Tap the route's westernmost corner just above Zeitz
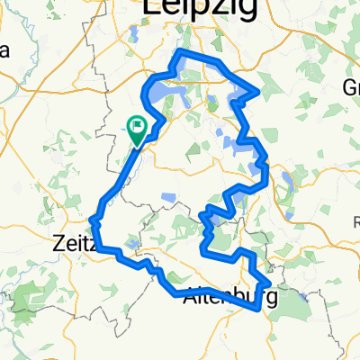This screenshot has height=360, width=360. pos(94,218)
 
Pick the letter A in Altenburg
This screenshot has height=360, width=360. pos(189,293)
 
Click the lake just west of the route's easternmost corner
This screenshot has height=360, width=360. pos(238,94)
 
